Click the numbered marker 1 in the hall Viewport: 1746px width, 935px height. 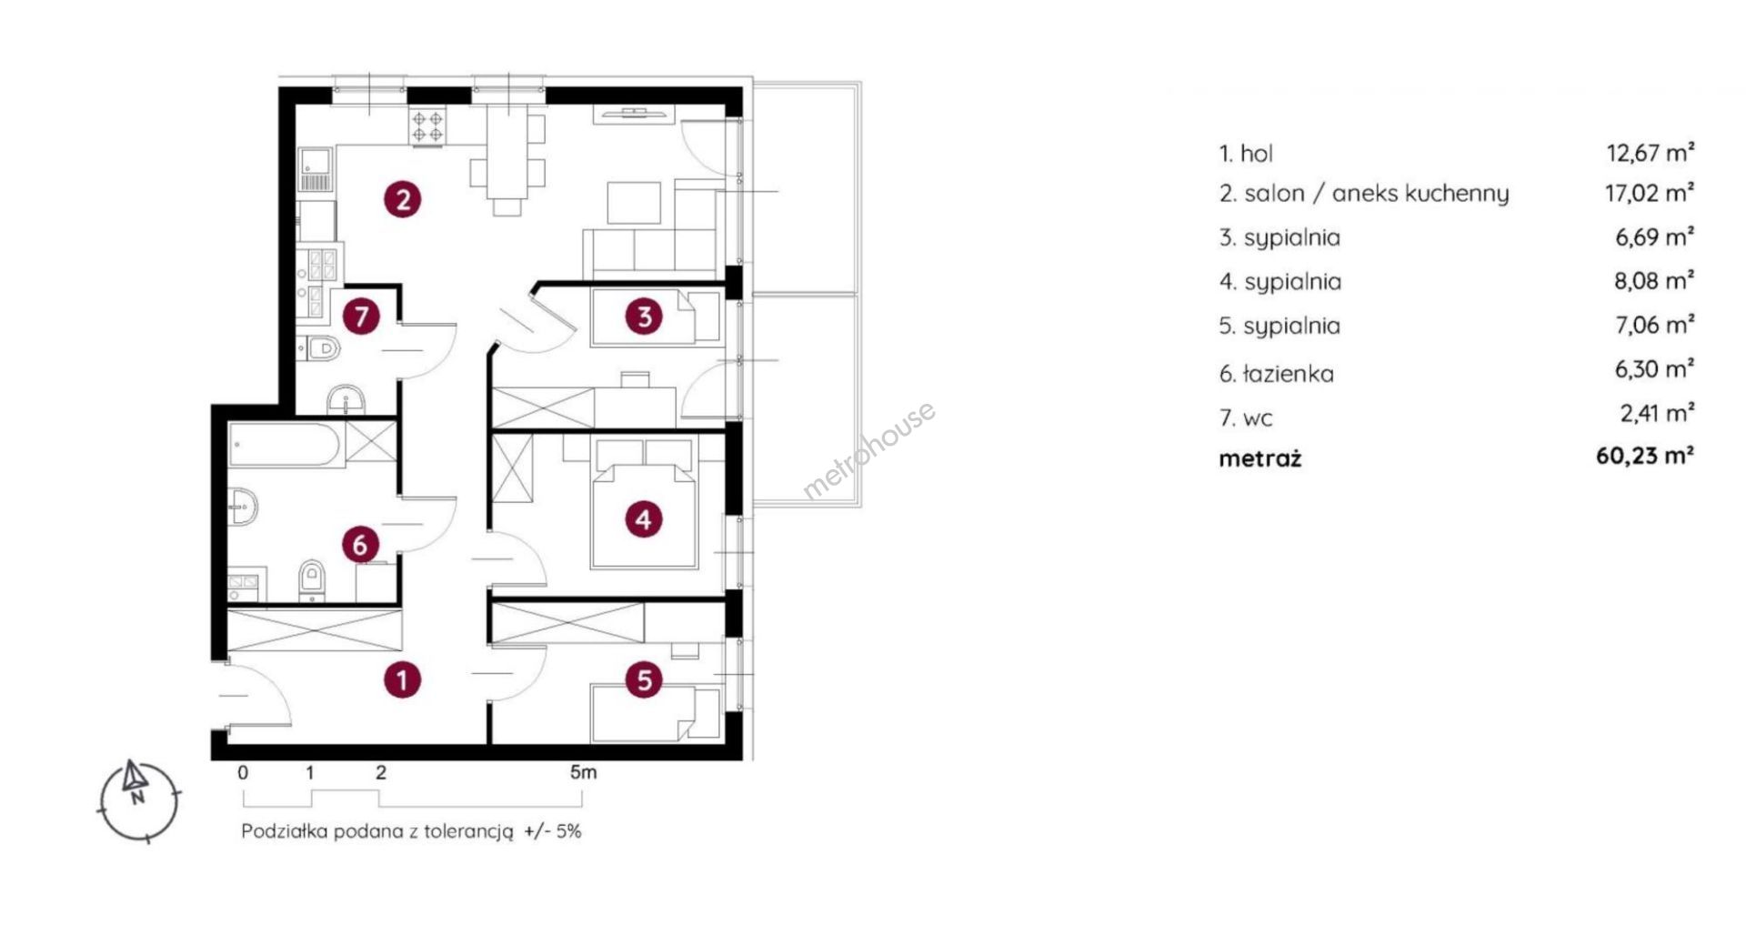click(402, 679)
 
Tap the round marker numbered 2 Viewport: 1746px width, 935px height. click(403, 198)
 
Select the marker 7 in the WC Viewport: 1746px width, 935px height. click(362, 317)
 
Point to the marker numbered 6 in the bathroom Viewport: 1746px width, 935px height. click(360, 545)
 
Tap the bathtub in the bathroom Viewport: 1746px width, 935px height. click(286, 445)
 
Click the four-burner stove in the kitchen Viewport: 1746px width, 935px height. click(427, 126)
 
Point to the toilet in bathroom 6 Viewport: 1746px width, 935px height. click(311, 580)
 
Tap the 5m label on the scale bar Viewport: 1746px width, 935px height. click(584, 772)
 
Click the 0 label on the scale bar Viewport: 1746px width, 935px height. click(243, 773)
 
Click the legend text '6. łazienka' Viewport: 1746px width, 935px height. click(1277, 374)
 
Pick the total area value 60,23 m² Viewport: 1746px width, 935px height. click(1645, 456)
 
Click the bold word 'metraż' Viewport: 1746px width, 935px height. click(1260, 458)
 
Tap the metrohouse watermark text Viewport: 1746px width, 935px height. click(868, 450)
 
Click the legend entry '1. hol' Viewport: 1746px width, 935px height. click(1246, 154)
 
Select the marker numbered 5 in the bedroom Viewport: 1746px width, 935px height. click(645, 679)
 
